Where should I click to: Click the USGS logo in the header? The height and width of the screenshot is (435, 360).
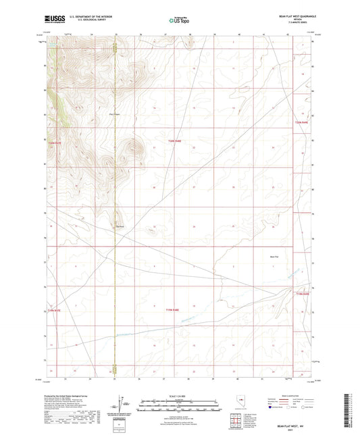[x=53, y=20]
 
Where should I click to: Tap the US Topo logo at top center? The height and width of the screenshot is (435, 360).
[x=179, y=20]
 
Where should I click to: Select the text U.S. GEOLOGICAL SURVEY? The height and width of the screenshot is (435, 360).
[x=84, y=22]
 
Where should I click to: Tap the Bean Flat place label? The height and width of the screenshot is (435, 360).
[x=274, y=257]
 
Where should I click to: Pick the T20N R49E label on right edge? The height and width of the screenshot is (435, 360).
[x=301, y=122]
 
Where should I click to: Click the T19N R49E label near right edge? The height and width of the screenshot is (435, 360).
[x=301, y=294]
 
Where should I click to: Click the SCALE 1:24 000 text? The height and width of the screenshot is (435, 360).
[x=179, y=395]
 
